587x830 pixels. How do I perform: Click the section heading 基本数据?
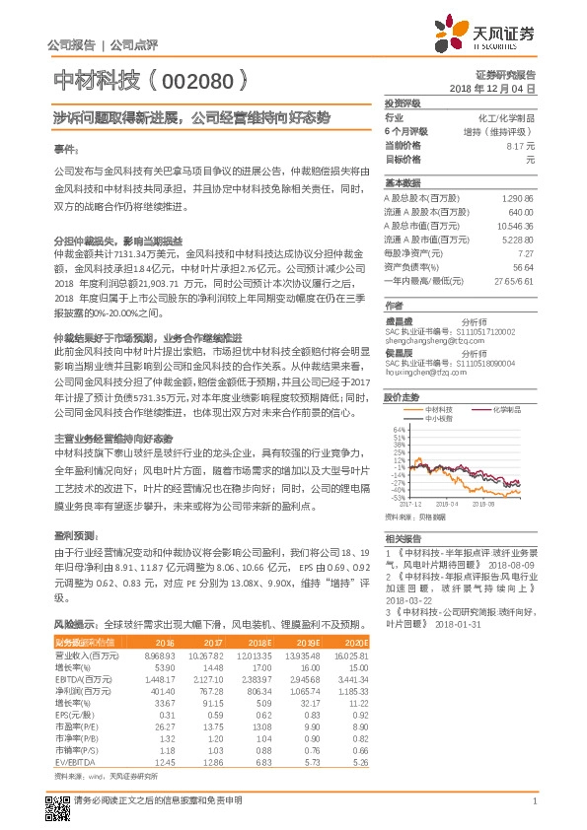pos(403,183)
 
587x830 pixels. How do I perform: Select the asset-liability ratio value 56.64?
pos(523,266)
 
